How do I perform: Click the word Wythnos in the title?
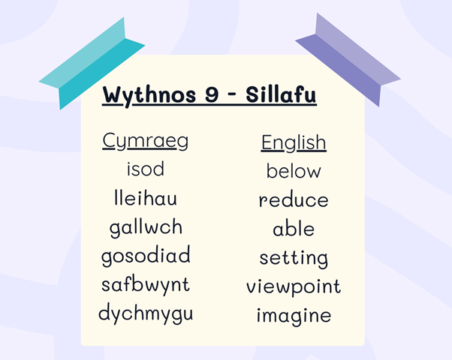(x=149, y=95)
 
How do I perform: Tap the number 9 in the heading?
(x=212, y=94)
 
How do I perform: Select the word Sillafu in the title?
(x=281, y=94)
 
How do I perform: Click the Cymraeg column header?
(x=146, y=141)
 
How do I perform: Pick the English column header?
(x=294, y=142)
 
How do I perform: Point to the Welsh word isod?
(x=146, y=169)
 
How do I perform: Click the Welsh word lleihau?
(x=146, y=197)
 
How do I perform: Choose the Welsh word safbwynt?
(x=146, y=286)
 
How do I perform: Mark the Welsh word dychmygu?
(x=146, y=313)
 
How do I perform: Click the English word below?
(x=294, y=170)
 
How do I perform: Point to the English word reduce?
(x=294, y=199)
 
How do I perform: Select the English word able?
(x=294, y=229)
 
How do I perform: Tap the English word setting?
(x=294, y=259)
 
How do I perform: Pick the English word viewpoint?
(x=294, y=287)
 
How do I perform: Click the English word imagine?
(x=294, y=316)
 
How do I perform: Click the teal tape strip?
(x=92, y=63)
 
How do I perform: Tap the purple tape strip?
(x=348, y=59)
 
